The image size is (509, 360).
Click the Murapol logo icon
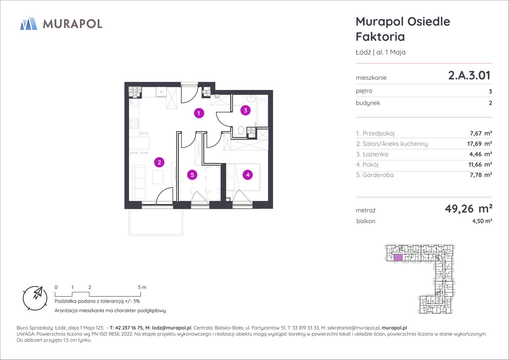[29, 24]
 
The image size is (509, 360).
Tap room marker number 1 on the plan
[199, 113]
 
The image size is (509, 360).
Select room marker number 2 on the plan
[159, 162]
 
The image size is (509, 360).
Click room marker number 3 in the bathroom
[245, 110]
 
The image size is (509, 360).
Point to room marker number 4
[248, 175]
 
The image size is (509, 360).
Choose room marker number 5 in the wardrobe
[192, 175]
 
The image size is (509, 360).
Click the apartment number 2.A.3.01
[469, 75]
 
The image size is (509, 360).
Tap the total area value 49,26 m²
[469, 209]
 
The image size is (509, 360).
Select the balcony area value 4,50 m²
[482, 221]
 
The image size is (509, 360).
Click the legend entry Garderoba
[378, 175]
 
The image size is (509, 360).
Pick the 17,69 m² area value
[479, 144]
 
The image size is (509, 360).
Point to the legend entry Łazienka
[375, 154]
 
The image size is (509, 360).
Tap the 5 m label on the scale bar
[142, 287]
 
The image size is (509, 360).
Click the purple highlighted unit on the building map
[398, 257]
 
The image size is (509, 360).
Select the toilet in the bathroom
[241, 131]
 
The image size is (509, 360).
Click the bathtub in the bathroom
[262, 113]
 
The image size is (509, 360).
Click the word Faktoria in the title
[380, 37]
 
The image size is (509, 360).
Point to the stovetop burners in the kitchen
[134, 123]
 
